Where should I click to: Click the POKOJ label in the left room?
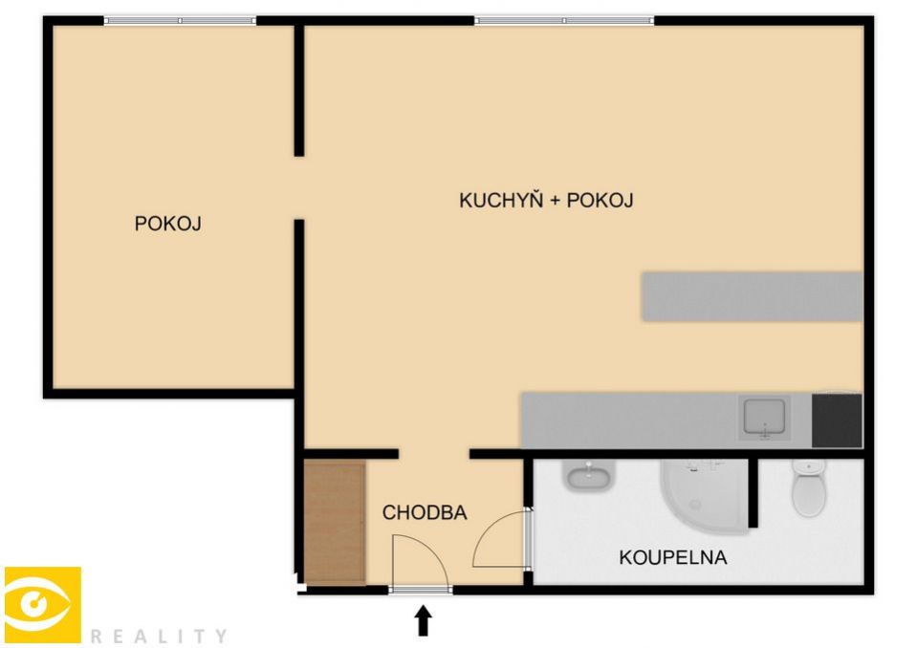(x=168, y=224)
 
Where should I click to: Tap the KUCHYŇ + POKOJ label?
(x=546, y=200)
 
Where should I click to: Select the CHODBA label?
(x=425, y=512)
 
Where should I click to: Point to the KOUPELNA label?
(x=673, y=557)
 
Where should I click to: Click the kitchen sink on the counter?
(x=764, y=419)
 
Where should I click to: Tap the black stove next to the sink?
(x=837, y=421)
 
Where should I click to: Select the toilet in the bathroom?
(x=809, y=487)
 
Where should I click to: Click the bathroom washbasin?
(x=588, y=474)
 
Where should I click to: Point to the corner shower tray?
(x=704, y=497)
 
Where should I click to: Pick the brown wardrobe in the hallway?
(x=335, y=523)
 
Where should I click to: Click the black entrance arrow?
(x=424, y=620)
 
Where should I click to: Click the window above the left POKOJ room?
(x=180, y=20)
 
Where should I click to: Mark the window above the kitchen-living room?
(x=564, y=20)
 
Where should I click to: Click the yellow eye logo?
(x=43, y=605)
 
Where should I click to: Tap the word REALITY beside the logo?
(x=159, y=636)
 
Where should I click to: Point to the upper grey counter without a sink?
(x=753, y=296)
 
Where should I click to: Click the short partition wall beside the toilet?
(x=753, y=492)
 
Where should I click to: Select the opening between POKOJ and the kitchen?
(x=299, y=188)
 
